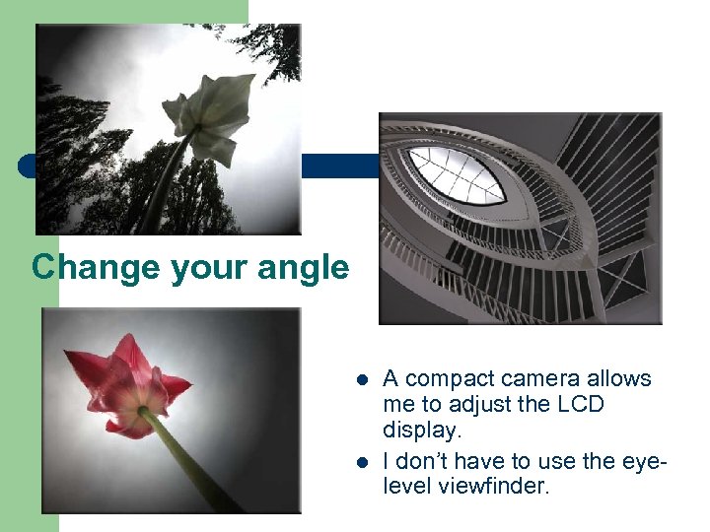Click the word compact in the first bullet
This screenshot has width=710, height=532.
pos(450,379)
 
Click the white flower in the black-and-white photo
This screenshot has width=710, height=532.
pos(212,113)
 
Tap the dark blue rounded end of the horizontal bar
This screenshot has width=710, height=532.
pos(27,166)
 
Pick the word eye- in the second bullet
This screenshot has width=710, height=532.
pos(630,460)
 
